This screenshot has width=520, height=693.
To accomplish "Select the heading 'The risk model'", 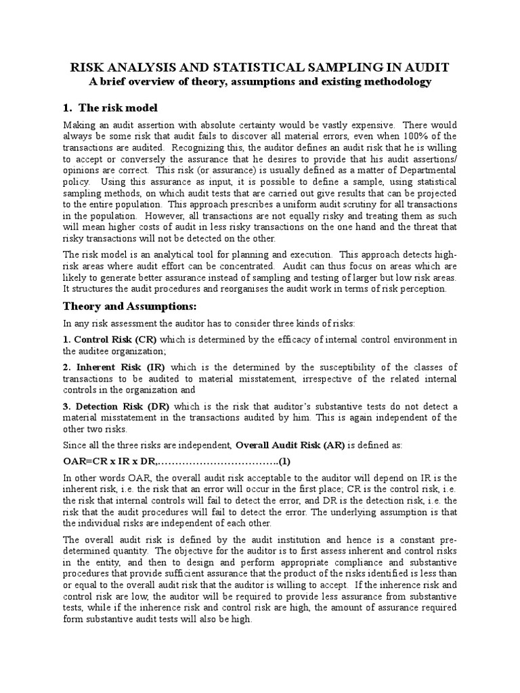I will pyautogui.click(x=118, y=108).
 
